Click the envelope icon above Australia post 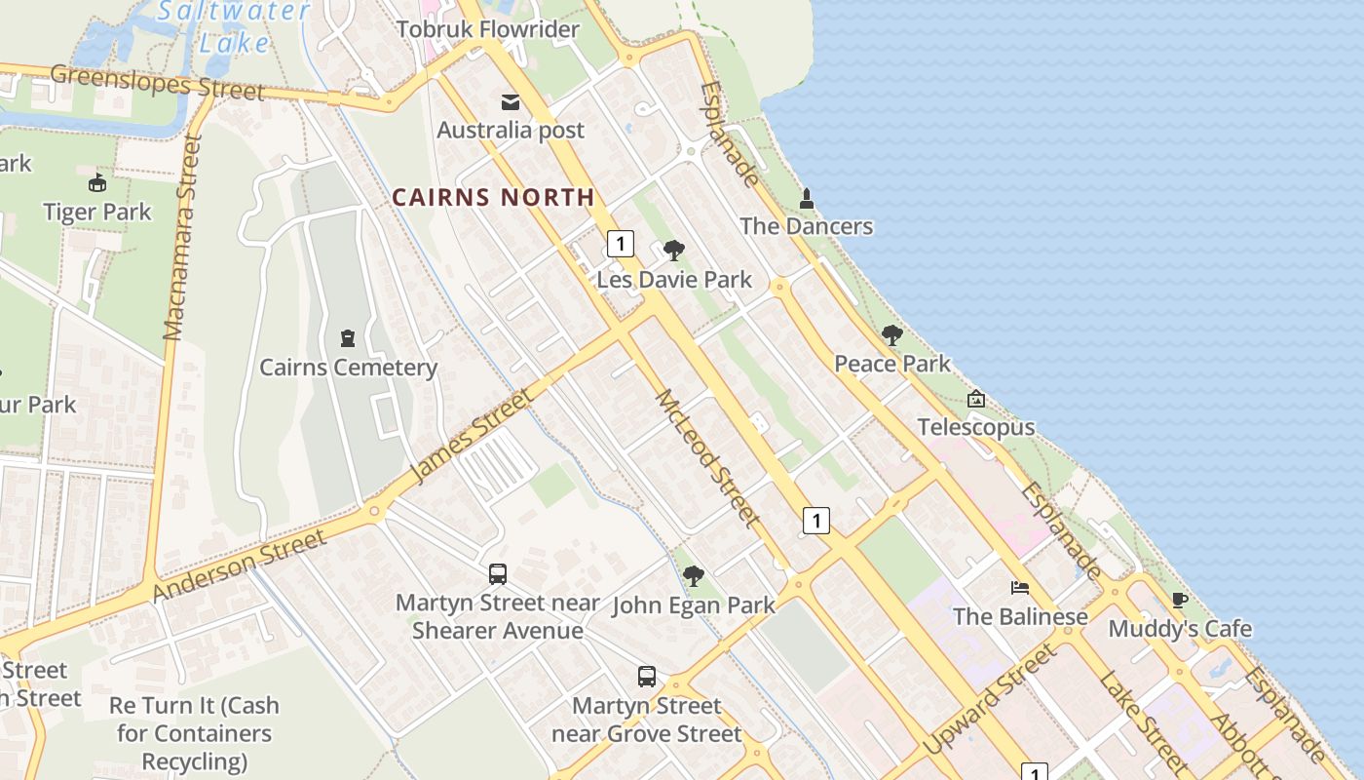[511, 101]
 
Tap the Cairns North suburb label [493, 197]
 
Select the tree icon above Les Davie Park [673, 251]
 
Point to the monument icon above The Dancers [806, 199]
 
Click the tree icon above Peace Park [891, 335]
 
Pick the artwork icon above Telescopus [976, 399]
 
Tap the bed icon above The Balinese [1020, 588]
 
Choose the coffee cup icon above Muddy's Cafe [1179, 601]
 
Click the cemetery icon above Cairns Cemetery [348, 338]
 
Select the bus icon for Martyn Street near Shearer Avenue [498, 574]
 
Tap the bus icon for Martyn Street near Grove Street [647, 677]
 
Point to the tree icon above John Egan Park [694, 576]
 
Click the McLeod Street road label [708, 458]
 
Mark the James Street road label [473, 436]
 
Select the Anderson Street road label [240, 565]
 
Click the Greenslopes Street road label [157, 82]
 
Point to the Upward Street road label [989, 699]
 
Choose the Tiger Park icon [97, 183]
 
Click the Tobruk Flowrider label [487, 29]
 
